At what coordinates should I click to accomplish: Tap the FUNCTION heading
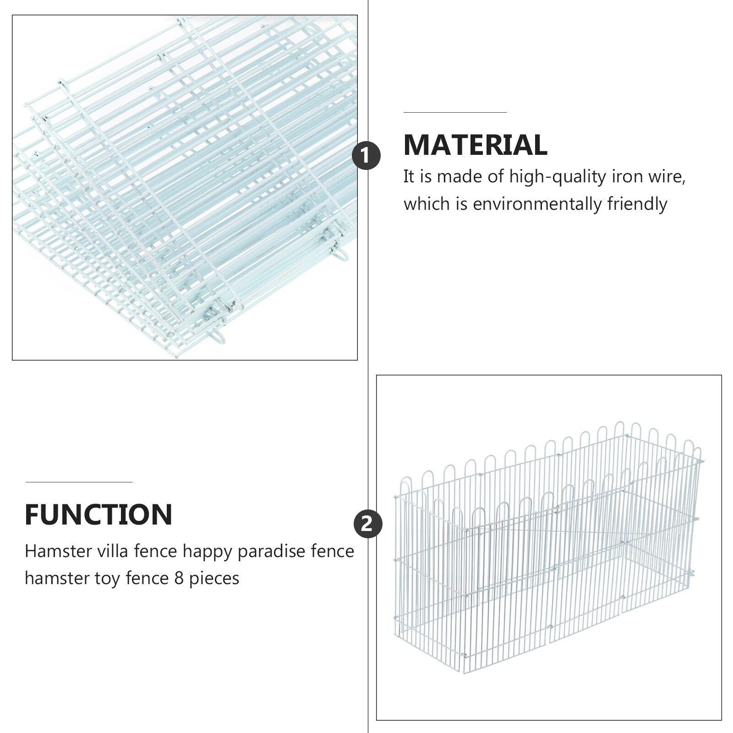98,514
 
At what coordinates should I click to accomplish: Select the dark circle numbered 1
366,156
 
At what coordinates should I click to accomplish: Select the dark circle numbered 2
368,524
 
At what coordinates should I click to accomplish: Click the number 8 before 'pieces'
179,579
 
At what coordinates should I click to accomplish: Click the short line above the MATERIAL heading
455,112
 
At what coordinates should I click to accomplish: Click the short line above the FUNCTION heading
79,482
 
